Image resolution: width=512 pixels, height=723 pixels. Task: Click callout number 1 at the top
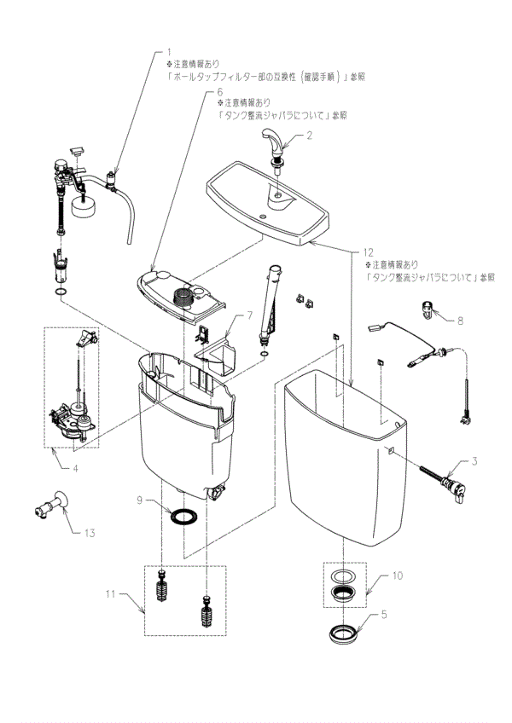(x=169, y=52)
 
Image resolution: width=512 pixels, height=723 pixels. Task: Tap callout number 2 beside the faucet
(x=310, y=135)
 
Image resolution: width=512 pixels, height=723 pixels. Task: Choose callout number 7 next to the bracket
(x=250, y=315)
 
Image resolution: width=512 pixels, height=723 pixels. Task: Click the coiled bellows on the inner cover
(x=182, y=298)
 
